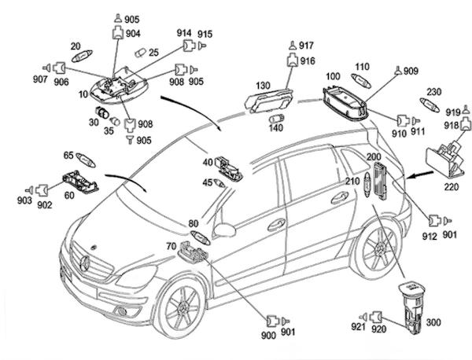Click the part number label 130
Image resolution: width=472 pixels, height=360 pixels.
[263, 84]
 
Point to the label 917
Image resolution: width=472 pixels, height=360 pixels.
[305, 46]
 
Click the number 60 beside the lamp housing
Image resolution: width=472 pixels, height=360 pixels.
[68, 194]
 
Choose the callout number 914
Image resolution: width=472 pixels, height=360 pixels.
[184, 33]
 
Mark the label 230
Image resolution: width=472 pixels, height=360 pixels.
[433, 91]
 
